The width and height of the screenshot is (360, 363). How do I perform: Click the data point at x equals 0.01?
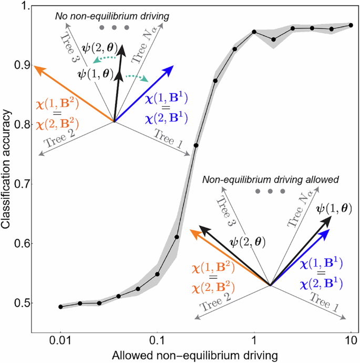(x=60, y=307)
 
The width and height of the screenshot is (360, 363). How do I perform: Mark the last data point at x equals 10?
(x=351, y=25)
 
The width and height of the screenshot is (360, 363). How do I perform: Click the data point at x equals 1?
(x=254, y=32)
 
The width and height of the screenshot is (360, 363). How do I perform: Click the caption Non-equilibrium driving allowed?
(x=269, y=179)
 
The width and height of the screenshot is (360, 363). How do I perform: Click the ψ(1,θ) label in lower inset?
(x=327, y=208)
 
